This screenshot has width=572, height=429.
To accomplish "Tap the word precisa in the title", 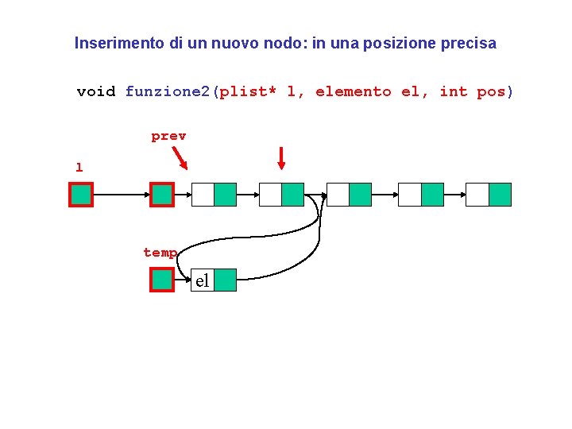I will pyautogui.click(x=469, y=44).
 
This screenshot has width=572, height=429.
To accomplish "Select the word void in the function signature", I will pyautogui.click(x=96, y=91).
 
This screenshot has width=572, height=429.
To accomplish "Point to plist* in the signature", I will pyautogui.click(x=248, y=91).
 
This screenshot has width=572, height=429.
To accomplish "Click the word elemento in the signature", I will pyautogui.click(x=354, y=91).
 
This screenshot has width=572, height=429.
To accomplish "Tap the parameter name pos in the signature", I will pyautogui.click(x=491, y=91).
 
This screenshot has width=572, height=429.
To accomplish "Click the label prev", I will pyautogui.click(x=168, y=136).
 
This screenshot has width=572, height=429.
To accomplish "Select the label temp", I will pyautogui.click(x=160, y=253).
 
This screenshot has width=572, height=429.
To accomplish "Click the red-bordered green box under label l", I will pyautogui.click(x=81, y=195).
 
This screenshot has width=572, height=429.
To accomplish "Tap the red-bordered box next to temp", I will pyautogui.click(x=162, y=280).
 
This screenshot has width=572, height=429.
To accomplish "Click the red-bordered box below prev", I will pyautogui.click(x=162, y=195).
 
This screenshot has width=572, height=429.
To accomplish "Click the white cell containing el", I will pyautogui.click(x=203, y=280).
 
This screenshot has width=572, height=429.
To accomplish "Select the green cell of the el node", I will pyautogui.click(x=226, y=280).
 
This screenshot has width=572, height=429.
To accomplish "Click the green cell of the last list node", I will pyautogui.click(x=500, y=195).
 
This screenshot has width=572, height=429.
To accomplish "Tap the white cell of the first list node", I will pyautogui.click(x=203, y=195).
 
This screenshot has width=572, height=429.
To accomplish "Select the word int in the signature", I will pyautogui.click(x=454, y=91).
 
